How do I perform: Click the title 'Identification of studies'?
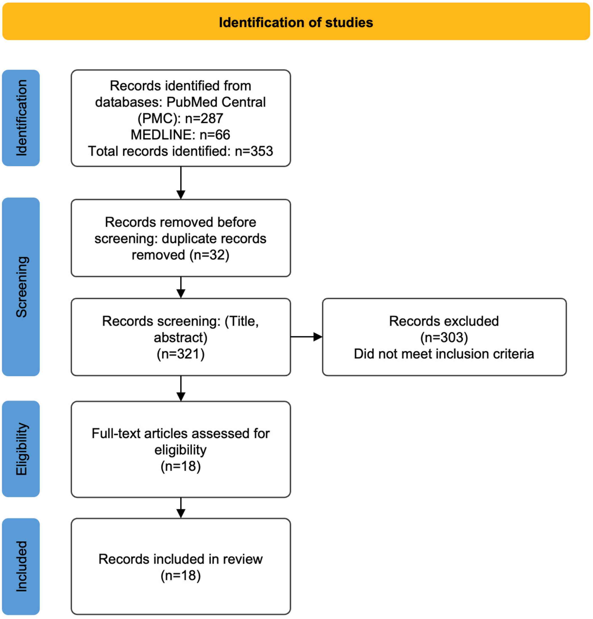[296, 23]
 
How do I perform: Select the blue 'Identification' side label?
[21, 118]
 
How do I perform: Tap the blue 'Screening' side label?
[21, 287]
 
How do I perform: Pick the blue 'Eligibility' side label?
[21, 449]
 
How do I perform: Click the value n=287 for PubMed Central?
[204, 118]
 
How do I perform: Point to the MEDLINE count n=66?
[215, 135]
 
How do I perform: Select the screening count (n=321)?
[181, 354]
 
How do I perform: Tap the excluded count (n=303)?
[444, 337]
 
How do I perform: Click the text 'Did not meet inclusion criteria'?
[444, 354]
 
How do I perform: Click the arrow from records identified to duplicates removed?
[181, 183]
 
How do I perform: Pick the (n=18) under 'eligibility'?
[181, 466]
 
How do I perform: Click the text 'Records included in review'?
[181, 559]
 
